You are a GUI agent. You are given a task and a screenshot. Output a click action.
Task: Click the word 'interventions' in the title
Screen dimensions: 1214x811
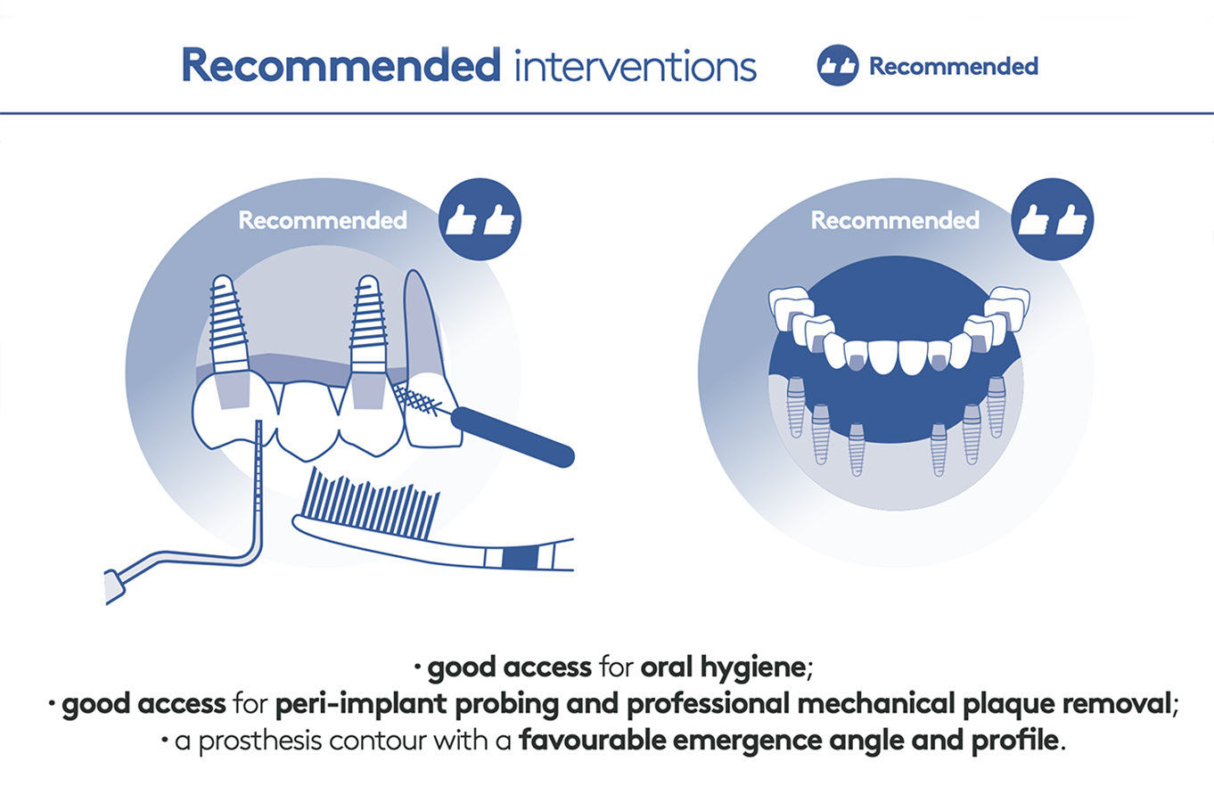[636, 66]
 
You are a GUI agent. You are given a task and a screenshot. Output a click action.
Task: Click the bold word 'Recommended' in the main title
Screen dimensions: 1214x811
[340, 65]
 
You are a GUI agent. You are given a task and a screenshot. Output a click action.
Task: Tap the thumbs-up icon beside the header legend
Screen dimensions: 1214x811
[837, 66]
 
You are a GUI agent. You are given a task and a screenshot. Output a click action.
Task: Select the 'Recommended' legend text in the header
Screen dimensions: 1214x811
[954, 66]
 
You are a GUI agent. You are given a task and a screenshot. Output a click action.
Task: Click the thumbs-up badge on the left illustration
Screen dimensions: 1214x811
[480, 219]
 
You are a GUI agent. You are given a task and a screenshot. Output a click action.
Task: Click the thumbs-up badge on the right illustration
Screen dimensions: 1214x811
[1052, 219]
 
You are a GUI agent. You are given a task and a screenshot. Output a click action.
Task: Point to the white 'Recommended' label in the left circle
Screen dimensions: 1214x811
[323, 220]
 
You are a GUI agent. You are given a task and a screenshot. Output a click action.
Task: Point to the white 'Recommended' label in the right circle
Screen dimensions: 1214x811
[895, 220]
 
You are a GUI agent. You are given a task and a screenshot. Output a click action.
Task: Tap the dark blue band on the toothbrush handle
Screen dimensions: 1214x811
[520, 559]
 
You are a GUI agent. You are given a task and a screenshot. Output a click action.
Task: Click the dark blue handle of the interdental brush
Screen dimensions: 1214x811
[513, 437]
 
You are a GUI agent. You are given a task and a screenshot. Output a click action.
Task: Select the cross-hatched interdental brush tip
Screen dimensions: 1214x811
[417, 400]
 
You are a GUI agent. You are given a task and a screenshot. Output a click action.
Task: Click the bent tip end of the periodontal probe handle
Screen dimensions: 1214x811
[115, 587]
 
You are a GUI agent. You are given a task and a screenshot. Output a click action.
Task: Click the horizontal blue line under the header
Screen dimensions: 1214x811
[607, 113]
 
